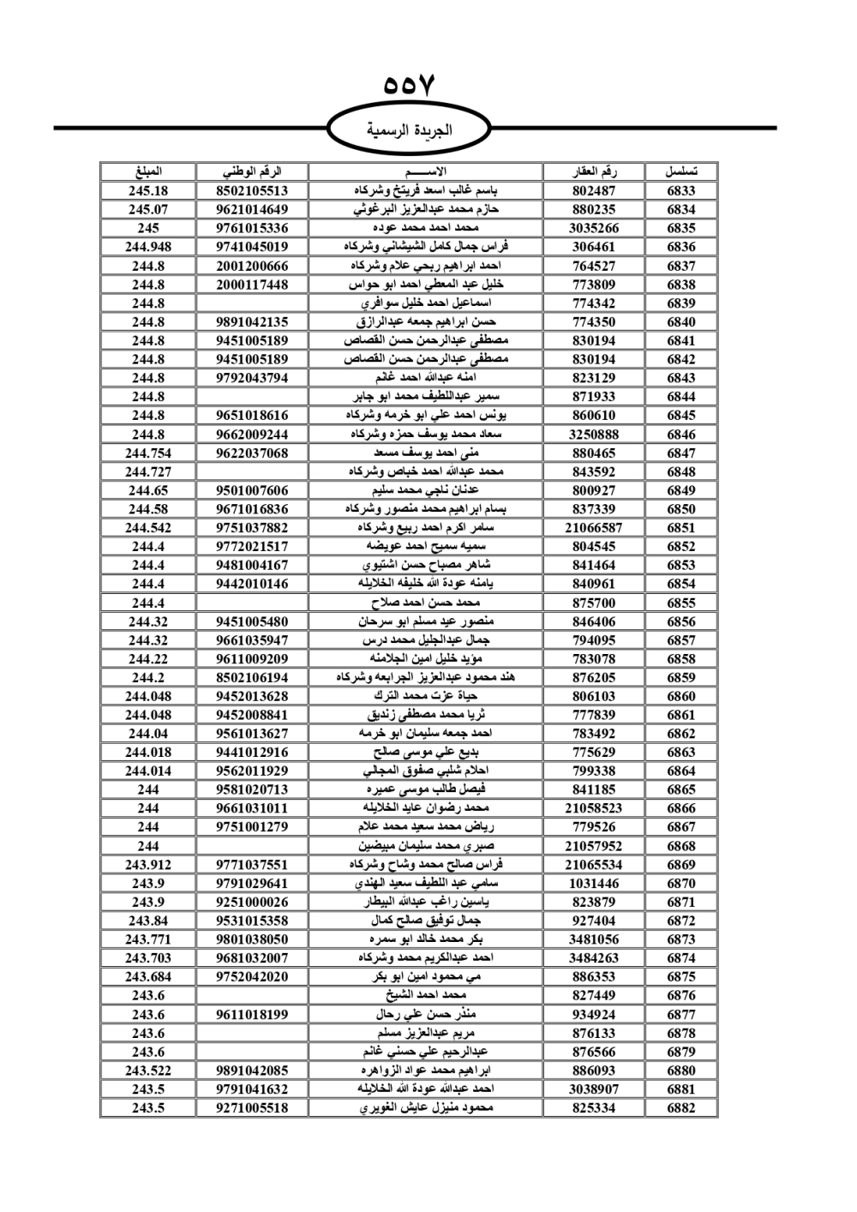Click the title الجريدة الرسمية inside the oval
(409, 130)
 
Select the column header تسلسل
(680, 171)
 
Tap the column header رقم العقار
(593, 171)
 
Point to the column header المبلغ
(148, 171)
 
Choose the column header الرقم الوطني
(252, 171)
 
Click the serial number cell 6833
(680, 191)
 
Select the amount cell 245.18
(148, 191)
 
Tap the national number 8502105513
(252, 191)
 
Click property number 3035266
(593, 228)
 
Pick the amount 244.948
(148, 247)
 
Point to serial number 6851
(680, 528)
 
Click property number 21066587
(593, 528)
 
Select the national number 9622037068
(252, 453)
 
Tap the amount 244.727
(148, 471)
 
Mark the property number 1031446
(593, 884)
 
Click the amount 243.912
(148, 865)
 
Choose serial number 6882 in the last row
(680, 1108)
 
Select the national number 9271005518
(252, 1108)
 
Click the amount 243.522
(148, 1071)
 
